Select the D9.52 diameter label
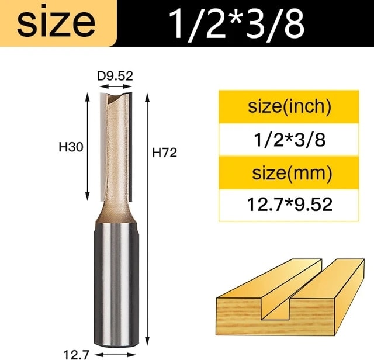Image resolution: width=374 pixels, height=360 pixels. (115, 76)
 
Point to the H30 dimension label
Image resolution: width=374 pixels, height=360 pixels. (71, 147)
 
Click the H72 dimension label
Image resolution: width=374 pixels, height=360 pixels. (165, 153)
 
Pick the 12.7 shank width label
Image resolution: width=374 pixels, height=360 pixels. (77, 355)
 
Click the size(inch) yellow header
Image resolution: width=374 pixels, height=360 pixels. (289, 106)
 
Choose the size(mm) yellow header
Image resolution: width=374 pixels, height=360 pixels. (289, 173)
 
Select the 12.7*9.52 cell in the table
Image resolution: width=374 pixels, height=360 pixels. (289, 205)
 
